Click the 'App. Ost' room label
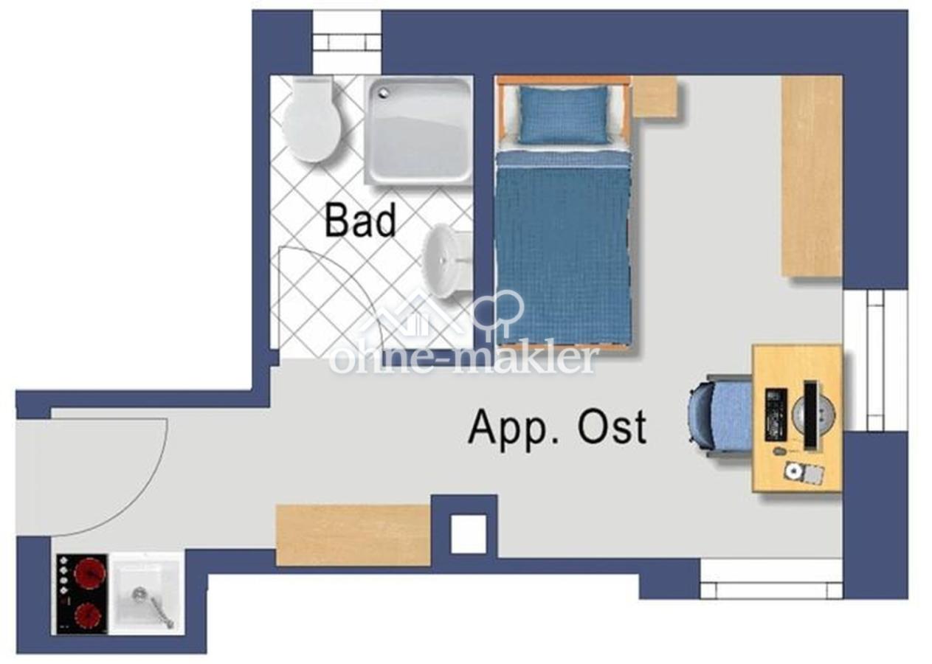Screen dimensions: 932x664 click(x=557, y=427)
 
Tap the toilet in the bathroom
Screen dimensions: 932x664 click(x=311, y=119)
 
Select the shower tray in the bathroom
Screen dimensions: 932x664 click(x=418, y=131)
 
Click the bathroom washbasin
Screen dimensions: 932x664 click(x=447, y=262)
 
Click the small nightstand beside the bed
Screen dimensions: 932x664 click(x=655, y=98)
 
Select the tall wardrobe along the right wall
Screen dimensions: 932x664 click(x=812, y=176)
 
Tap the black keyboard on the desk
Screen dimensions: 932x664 click(x=776, y=416)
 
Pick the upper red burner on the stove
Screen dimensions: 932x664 click(x=89, y=573)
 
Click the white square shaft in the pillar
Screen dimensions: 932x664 click(x=469, y=534)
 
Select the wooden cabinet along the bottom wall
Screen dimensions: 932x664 click(x=353, y=535)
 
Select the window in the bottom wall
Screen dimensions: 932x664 click(x=771, y=578)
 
